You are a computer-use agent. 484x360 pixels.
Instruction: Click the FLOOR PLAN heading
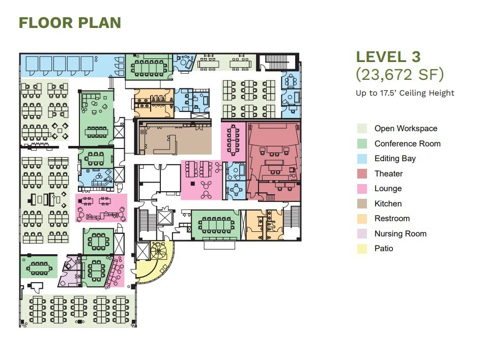(70, 23)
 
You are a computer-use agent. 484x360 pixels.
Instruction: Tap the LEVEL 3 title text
(388, 57)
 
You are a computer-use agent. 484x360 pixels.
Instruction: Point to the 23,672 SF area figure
(400, 74)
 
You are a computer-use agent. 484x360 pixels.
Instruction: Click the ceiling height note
(405, 93)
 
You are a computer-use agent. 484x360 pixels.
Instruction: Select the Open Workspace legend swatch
(362, 128)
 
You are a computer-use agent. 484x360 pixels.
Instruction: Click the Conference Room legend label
(408, 143)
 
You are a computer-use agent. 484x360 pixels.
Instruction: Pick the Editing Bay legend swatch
(362, 159)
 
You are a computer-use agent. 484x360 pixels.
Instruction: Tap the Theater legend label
(389, 174)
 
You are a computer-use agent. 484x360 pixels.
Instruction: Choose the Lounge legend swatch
(362, 189)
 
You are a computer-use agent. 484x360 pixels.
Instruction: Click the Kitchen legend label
(388, 203)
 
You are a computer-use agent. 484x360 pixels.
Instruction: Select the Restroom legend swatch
(362, 219)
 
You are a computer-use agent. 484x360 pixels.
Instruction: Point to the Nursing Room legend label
(401, 234)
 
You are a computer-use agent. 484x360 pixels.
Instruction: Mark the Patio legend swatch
(362, 249)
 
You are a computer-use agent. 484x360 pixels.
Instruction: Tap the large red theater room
(273, 160)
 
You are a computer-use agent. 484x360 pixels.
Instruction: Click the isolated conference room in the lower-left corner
(39, 267)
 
